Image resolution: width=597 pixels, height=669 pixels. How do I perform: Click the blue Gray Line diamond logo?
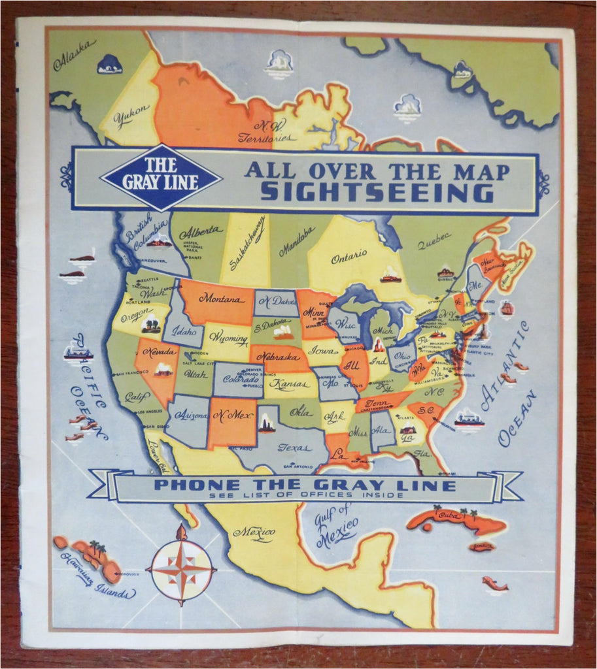tap(160, 178)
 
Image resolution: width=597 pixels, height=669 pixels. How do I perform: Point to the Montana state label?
tap(222, 298)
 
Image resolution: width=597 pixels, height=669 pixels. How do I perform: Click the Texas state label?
tap(294, 448)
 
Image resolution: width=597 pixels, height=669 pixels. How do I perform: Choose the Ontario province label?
tap(349, 257)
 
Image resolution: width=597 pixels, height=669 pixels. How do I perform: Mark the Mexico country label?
tap(254, 532)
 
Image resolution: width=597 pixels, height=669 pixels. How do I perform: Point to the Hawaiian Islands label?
tap(97, 576)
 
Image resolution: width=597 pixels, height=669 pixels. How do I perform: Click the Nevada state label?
tap(159, 351)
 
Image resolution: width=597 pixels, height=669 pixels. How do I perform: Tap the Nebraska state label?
tap(277, 357)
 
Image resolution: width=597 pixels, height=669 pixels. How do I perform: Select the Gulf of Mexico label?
tap(336, 525)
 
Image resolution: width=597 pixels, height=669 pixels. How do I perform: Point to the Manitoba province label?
tap(296, 241)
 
